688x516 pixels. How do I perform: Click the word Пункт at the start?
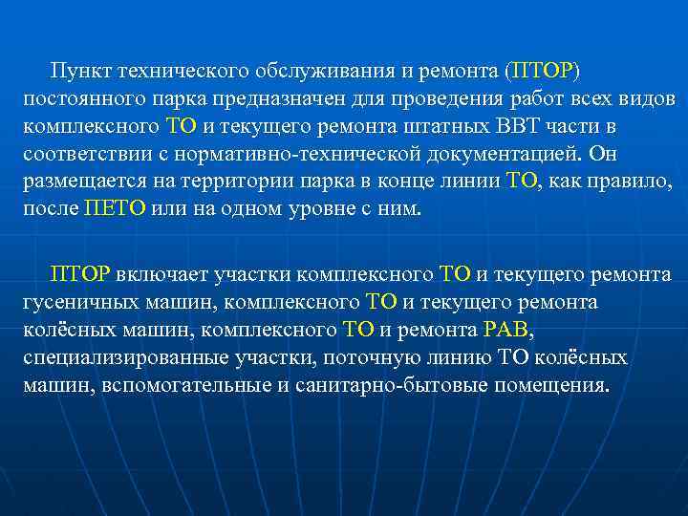coord(80,72)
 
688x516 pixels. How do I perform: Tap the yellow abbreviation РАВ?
coord(505,331)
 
